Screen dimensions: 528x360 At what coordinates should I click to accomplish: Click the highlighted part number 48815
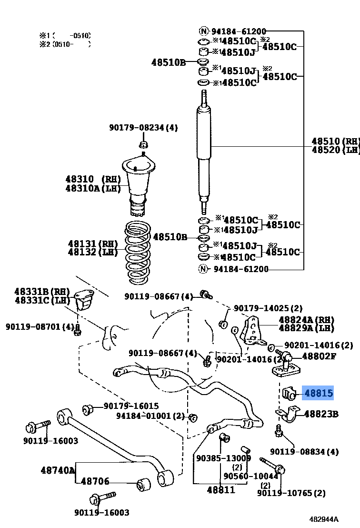[319, 393]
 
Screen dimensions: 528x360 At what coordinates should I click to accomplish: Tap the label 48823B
[321, 414]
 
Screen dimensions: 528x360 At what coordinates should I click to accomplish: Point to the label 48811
[221, 489]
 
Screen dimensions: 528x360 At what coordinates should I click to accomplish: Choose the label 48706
[95, 482]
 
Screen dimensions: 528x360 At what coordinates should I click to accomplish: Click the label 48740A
[58, 470]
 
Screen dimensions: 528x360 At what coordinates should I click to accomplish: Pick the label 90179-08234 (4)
[143, 127]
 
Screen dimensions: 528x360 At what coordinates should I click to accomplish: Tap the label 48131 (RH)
[92, 244]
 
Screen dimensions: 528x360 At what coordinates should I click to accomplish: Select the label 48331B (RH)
[42, 292]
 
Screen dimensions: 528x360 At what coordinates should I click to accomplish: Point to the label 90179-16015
[131, 406]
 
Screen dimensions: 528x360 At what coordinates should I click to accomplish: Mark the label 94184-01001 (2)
[150, 416]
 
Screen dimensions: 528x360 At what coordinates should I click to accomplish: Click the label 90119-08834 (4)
[304, 451]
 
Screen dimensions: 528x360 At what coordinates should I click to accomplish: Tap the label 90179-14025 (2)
[268, 308]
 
